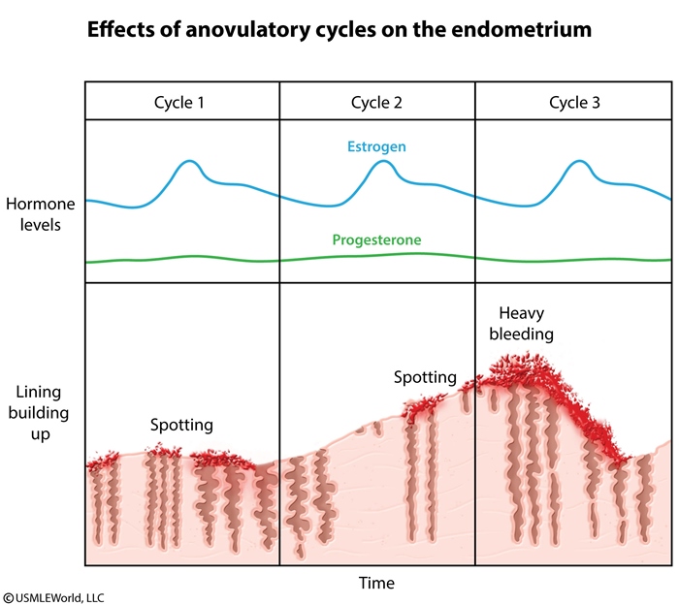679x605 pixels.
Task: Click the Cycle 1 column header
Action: click(x=181, y=102)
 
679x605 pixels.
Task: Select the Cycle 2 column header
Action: click(x=376, y=102)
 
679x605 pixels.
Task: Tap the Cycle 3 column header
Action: click(x=572, y=102)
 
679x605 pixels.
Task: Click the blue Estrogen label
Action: click(x=376, y=147)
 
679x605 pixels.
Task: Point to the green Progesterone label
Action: click(x=376, y=239)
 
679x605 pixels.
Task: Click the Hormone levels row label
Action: click(x=33, y=214)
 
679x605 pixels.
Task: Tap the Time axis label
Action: click(x=376, y=583)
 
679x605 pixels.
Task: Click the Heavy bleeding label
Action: click(x=525, y=324)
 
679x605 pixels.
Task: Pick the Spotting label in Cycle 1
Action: click(x=181, y=425)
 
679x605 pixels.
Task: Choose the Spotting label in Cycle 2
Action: click(x=425, y=377)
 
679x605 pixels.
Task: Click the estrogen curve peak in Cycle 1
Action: click(x=190, y=161)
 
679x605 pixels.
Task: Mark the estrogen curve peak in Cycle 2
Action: click(x=384, y=161)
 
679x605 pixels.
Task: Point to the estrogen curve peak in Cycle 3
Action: click(x=579, y=161)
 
